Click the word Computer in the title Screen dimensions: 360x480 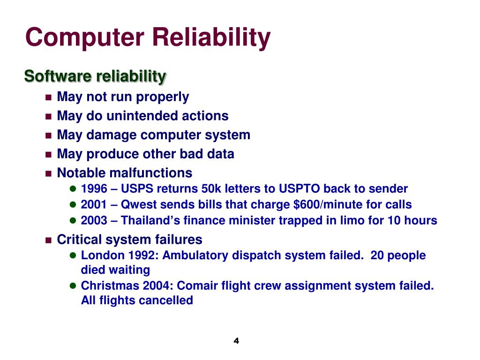85,38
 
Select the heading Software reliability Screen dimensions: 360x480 95,76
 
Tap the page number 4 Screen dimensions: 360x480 236,341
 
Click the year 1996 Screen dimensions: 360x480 94,189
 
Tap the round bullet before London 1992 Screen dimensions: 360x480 73,256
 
